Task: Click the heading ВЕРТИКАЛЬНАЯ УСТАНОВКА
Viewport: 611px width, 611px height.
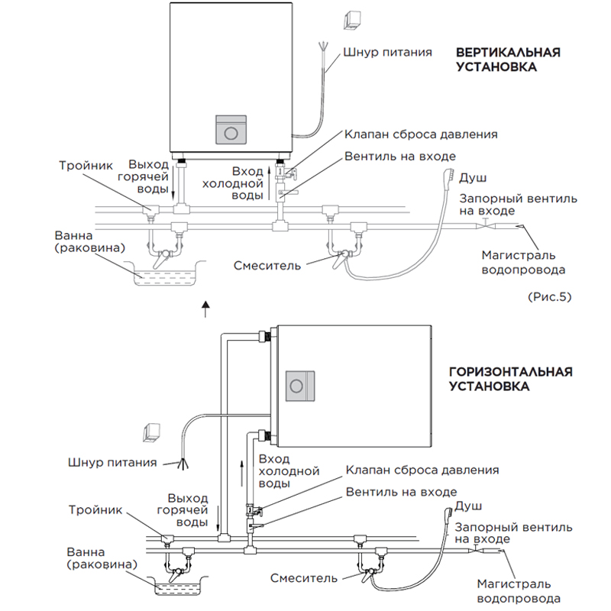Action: pos(508,60)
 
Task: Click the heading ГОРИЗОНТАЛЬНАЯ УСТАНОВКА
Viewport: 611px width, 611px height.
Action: pos(510,379)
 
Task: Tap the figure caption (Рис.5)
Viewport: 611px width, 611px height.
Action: pos(550,297)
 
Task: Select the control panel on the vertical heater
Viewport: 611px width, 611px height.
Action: pos(231,129)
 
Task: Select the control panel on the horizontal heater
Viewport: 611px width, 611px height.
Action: pos(300,386)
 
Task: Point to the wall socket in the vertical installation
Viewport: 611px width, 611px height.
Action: pos(352,20)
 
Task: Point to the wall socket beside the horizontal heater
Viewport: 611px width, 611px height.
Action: pos(151,432)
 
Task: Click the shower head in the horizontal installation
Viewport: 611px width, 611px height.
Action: pos(448,512)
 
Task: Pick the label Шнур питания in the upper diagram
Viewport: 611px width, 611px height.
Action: pos(387,53)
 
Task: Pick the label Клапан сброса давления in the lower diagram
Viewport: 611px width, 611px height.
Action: pos(422,470)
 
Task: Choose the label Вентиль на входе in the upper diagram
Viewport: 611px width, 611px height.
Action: pos(399,157)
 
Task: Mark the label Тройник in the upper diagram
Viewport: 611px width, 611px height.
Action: pos(86,166)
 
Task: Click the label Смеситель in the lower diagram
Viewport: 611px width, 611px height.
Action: pos(304,578)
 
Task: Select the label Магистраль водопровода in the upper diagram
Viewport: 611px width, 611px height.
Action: pos(523,263)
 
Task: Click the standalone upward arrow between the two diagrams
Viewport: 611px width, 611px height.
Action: pos(205,309)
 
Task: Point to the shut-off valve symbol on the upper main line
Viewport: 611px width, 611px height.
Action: pos(486,224)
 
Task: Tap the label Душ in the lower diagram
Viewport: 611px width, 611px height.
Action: pos(468,506)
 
